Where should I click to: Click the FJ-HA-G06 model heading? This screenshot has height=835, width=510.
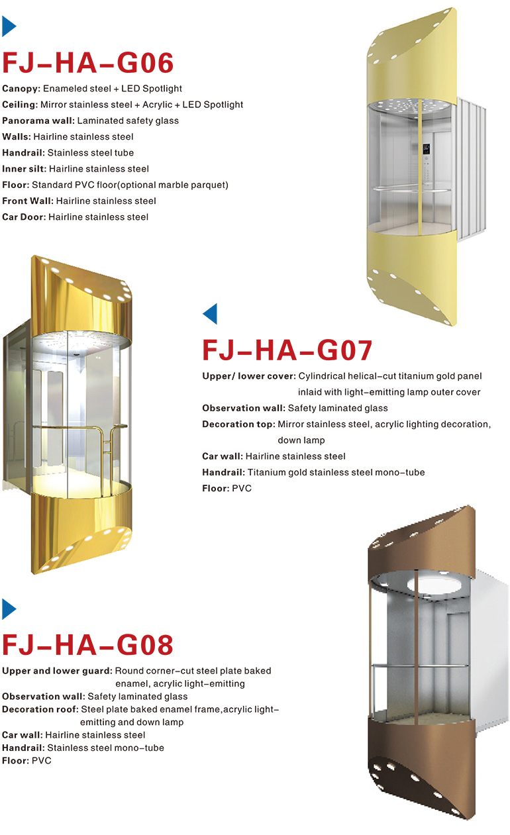pos(87,63)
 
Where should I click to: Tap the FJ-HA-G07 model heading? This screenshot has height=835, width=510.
pos(287,350)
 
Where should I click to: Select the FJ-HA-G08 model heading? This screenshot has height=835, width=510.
pos(87,645)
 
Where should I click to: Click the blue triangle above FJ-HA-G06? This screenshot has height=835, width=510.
pos(9,26)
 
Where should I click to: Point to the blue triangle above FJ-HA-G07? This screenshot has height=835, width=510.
pos(210,314)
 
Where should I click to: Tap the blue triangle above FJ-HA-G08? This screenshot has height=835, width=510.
pos(9,609)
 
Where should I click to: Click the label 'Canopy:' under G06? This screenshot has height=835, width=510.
pos(21,89)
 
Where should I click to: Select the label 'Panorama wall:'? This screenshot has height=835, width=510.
pos(38,121)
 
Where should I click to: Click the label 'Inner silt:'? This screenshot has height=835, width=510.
pos(25,169)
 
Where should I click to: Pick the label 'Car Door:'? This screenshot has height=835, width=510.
pos(24,217)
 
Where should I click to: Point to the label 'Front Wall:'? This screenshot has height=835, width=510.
pos(28,201)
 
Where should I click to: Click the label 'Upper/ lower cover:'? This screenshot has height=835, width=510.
pos(249,376)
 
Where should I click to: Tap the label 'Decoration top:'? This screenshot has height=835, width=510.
pos(238,424)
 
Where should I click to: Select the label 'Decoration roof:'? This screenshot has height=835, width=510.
pos(40,709)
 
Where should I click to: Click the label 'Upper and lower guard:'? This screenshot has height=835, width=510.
pos(57,671)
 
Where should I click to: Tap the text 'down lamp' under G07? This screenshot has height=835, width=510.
pos(301,440)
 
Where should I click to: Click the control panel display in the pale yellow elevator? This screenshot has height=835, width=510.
pos(426,148)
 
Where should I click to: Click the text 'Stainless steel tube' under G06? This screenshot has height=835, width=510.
pos(91,153)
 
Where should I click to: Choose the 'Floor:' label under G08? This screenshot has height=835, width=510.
pos(15,760)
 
